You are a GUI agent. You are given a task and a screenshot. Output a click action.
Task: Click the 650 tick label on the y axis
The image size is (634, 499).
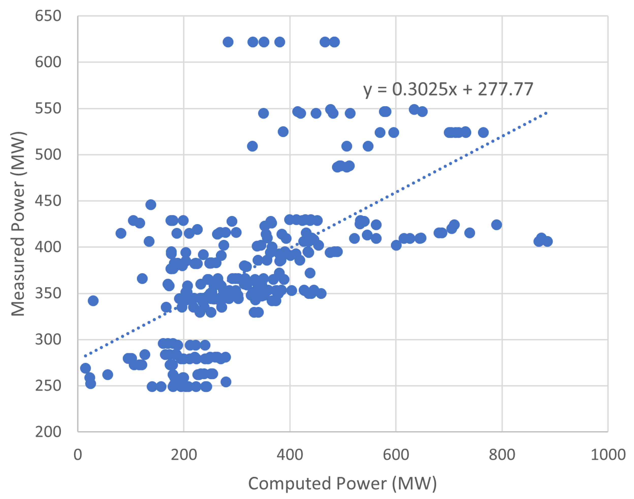coord(48,16)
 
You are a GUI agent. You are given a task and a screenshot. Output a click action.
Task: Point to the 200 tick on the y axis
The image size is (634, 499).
coord(48,432)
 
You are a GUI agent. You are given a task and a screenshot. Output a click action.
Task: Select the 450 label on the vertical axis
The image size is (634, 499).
coord(48,201)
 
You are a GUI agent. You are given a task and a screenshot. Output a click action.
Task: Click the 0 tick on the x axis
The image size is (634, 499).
coord(78,455)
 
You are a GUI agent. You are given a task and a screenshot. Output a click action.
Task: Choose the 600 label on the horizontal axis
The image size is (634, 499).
coord(396,455)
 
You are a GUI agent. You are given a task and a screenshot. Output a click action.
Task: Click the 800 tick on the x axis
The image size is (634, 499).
coord(502,455)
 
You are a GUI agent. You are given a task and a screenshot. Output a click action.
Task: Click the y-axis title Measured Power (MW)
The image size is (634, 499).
coord(18,224)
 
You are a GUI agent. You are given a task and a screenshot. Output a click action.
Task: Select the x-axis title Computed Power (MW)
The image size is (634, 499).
coord(342,484)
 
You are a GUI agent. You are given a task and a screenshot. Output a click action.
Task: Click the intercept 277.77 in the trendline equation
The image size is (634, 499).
coord(505,89)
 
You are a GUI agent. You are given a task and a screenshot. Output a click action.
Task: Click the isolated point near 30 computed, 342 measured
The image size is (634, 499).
coord(93,301)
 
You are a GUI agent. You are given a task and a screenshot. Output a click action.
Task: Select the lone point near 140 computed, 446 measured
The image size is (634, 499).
coord(151,205)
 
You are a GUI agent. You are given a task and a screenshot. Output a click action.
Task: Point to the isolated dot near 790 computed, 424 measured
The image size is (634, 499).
coord(496,225)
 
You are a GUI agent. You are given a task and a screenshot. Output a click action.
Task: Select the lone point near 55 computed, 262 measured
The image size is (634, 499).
coord(108,375)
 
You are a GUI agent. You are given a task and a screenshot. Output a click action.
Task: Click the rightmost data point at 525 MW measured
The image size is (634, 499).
coord(483,133)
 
